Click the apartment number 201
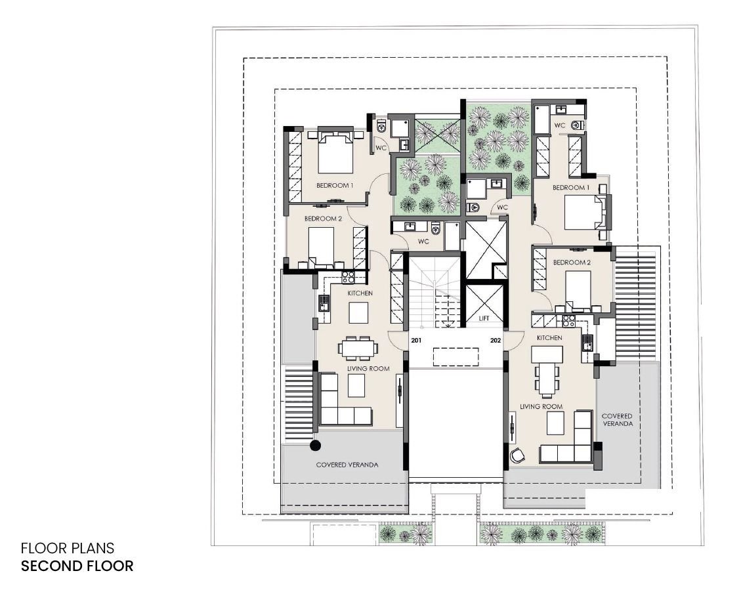point(416,340)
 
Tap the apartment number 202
point(496,340)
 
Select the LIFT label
point(484,318)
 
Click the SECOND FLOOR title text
point(77,566)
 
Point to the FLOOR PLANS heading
point(68,548)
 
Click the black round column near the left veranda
point(315,445)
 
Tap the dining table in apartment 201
point(358,349)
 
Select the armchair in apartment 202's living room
point(517,455)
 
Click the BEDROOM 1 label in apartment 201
point(335,185)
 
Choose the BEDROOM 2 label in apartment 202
point(572,263)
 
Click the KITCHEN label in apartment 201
point(360,293)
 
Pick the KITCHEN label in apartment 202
point(549,338)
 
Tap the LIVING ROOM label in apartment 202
point(541,406)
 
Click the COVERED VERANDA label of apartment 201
point(347,465)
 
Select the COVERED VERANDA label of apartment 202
point(617,419)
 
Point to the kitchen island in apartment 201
point(358,313)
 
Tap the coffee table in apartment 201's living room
point(356,385)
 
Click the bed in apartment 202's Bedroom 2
point(578,289)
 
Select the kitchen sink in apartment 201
point(324,302)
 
